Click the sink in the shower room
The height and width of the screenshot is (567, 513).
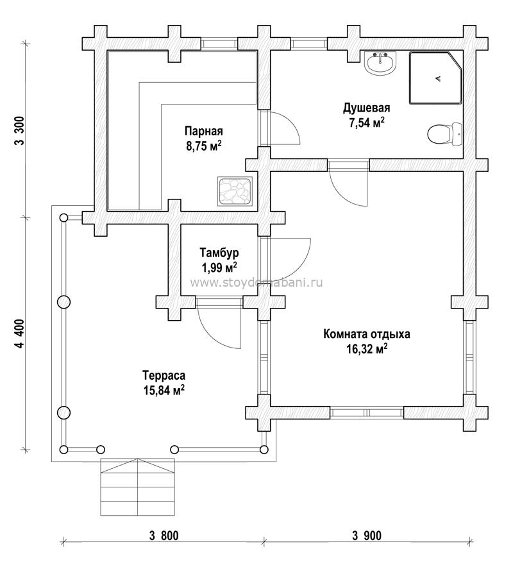(x=381, y=63)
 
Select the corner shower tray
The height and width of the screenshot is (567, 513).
(x=435, y=78)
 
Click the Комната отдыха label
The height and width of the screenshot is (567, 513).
(x=366, y=334)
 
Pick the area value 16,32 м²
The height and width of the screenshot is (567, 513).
(x=366, y=349)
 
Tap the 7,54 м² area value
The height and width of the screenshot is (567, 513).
(x=366, y=122)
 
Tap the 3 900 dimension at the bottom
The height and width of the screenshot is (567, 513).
(x=366, y=536)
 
